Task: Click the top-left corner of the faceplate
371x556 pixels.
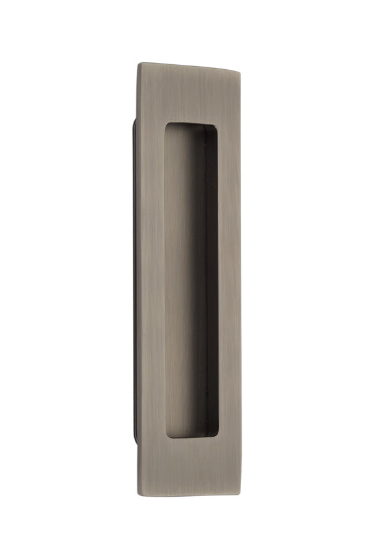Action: tap(139, 62)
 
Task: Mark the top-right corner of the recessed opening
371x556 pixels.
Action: tap(217, 127)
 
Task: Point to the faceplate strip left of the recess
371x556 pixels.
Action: tap(152, 278)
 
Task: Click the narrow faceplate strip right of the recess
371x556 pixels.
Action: tap(226, 278)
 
